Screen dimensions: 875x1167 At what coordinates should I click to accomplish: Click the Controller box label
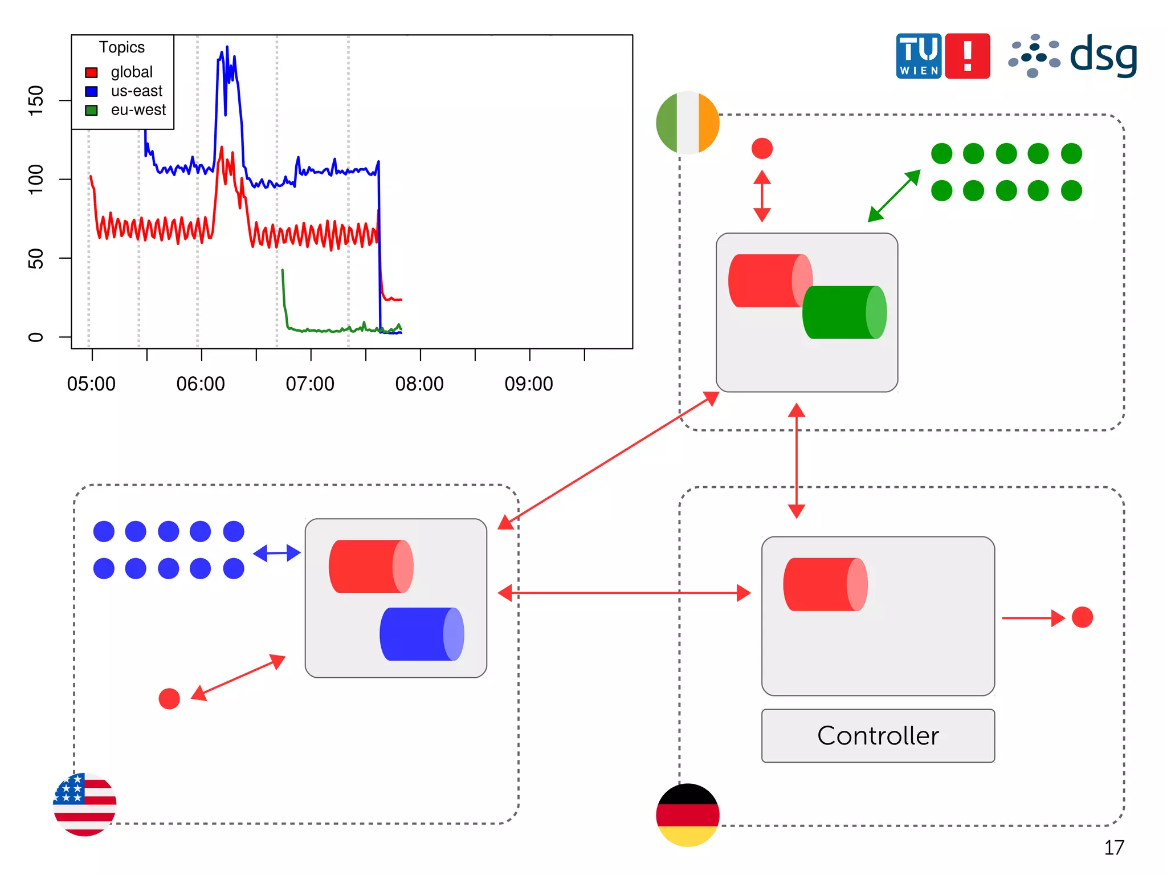878,735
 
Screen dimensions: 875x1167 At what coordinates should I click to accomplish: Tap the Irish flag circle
688,123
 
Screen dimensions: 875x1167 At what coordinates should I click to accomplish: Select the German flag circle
688,815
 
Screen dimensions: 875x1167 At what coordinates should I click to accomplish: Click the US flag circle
85,804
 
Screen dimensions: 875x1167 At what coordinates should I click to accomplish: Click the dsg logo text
1103,56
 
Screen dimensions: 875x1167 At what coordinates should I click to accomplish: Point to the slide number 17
1114,848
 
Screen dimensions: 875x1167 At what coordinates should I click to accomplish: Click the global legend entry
131,72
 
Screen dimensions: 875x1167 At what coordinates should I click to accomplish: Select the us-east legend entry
136,91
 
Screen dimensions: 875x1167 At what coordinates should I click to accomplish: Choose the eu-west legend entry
138,109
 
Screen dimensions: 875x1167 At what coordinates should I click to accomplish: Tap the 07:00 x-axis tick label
310,384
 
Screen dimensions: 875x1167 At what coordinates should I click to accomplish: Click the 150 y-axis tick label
35,100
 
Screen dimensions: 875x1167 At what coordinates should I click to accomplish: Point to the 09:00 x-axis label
529,384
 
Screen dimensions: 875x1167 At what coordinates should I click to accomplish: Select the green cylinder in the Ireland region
844,312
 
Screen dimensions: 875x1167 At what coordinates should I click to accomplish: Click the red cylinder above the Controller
825,584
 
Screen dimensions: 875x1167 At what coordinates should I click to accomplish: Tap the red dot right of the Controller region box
1082,617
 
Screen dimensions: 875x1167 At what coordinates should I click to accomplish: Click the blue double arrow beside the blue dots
277,553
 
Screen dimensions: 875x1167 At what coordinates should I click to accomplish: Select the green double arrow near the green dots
894,196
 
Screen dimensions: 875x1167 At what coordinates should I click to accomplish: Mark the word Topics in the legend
122,47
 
